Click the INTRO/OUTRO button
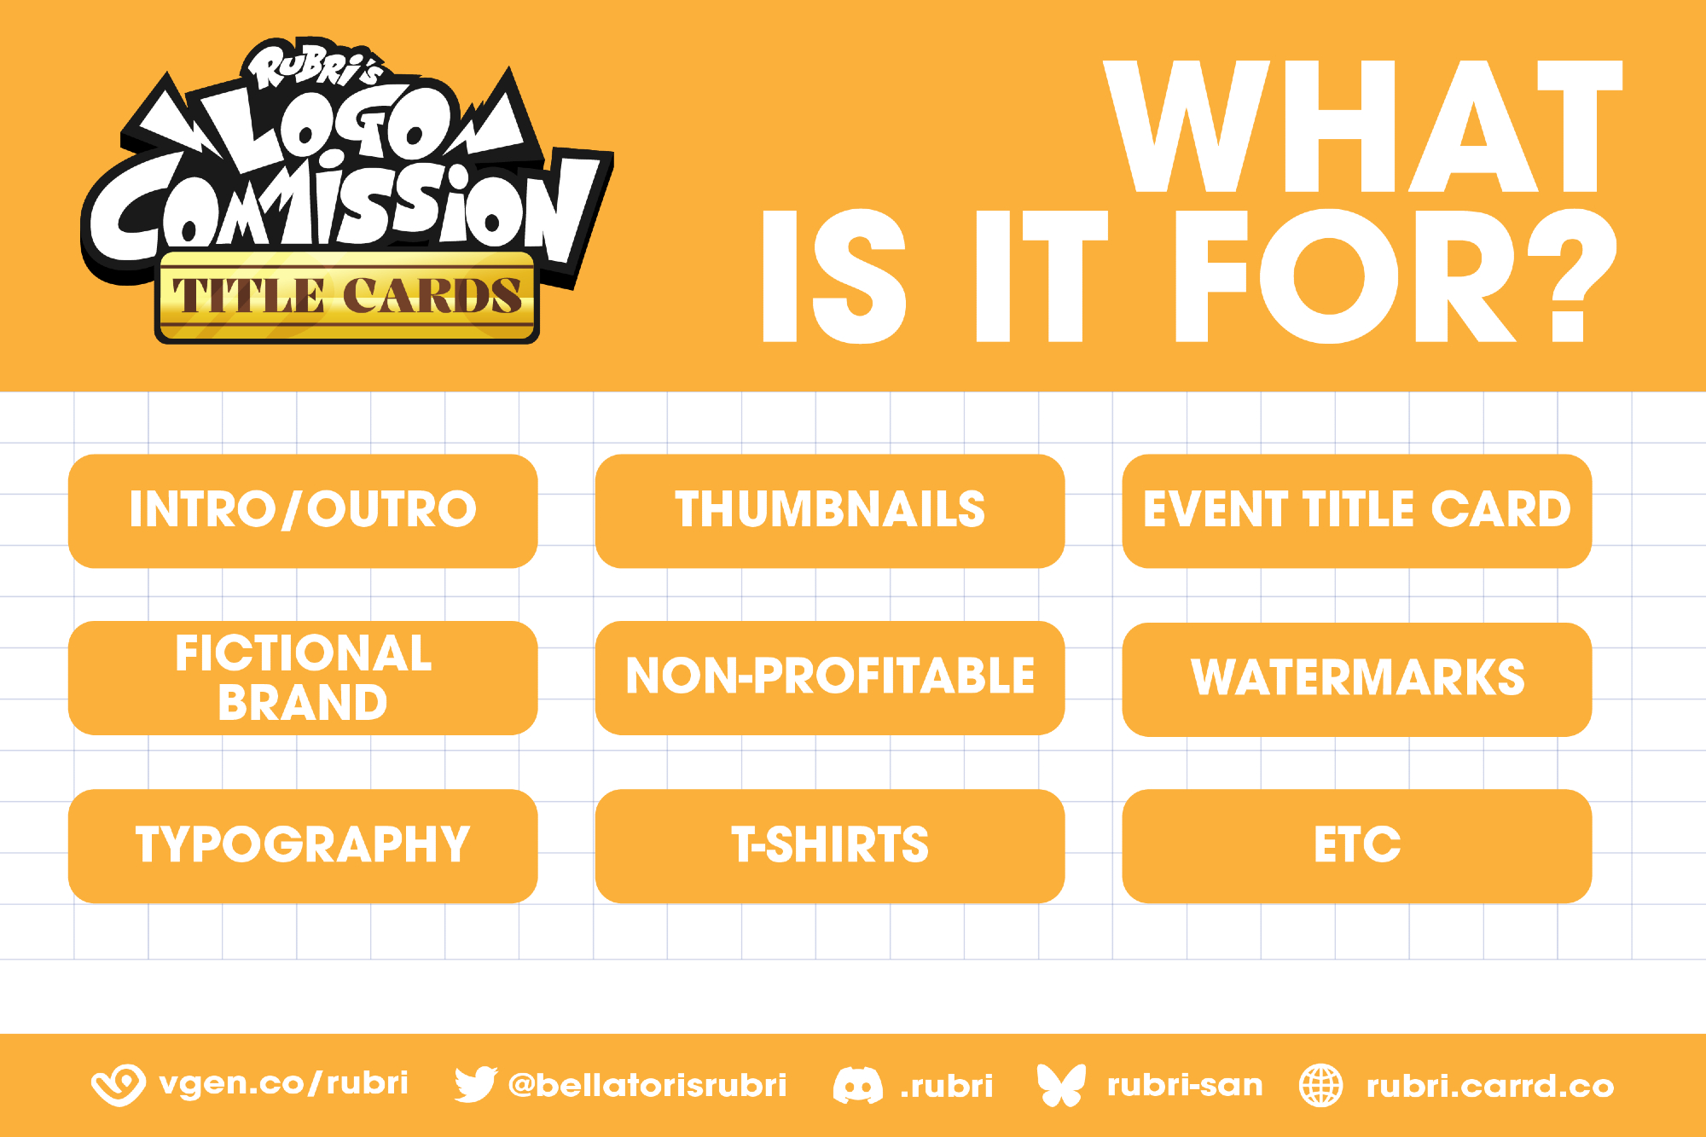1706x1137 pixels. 303,511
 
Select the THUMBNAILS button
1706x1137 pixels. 830,511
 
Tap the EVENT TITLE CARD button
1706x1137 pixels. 1357,511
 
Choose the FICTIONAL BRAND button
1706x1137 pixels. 303,678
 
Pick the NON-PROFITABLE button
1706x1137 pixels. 830,678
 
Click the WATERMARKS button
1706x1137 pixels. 1357,679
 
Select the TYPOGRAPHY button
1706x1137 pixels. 303,846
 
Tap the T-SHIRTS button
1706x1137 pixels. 830,846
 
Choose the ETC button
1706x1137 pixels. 1357,846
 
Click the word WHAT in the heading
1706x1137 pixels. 1363,126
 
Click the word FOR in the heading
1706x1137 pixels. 1345,276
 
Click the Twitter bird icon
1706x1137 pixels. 475,1085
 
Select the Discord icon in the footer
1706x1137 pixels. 858,1086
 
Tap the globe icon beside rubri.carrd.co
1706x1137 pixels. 1321,1086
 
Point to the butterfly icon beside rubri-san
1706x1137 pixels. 1061,1085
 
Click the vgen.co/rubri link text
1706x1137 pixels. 284,1083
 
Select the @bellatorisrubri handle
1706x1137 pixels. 647,1085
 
